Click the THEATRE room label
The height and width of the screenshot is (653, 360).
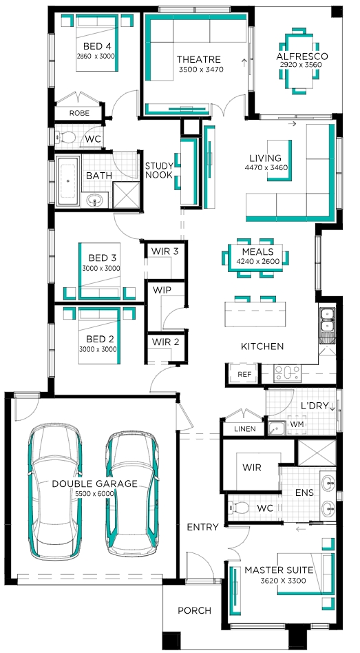[x=198, y=59]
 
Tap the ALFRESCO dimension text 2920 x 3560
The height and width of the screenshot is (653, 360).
[x=303, y=65]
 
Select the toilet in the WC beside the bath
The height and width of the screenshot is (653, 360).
[x=66, y=136]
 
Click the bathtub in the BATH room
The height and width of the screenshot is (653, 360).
[x=68, y=181]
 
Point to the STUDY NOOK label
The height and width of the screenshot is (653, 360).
[x=158, y=171]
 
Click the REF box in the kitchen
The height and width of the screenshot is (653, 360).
[x=245, y=375]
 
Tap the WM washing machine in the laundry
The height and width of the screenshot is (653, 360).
[x=297, y=424]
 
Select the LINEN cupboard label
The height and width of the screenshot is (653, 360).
[x=245, y=428]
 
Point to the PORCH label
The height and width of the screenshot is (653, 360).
[x=194, y=610]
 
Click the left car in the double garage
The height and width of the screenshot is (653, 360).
[x=55, y=491]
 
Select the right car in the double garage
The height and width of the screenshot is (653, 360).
[x=132, y=493]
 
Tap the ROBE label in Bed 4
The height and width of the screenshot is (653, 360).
[x=79, y=113]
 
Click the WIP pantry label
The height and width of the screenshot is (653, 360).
[x=162, y=290]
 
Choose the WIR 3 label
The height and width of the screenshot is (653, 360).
[x=165, y=251]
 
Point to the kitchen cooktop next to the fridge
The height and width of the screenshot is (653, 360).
[x=287, y=373]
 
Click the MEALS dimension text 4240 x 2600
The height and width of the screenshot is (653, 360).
[x=257, y=262]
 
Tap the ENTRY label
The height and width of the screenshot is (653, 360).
[x=202, y=527]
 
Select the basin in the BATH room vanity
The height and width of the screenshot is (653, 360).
[x=95, y=200]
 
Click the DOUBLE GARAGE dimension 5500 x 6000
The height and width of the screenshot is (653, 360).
[x=94, y=493]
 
